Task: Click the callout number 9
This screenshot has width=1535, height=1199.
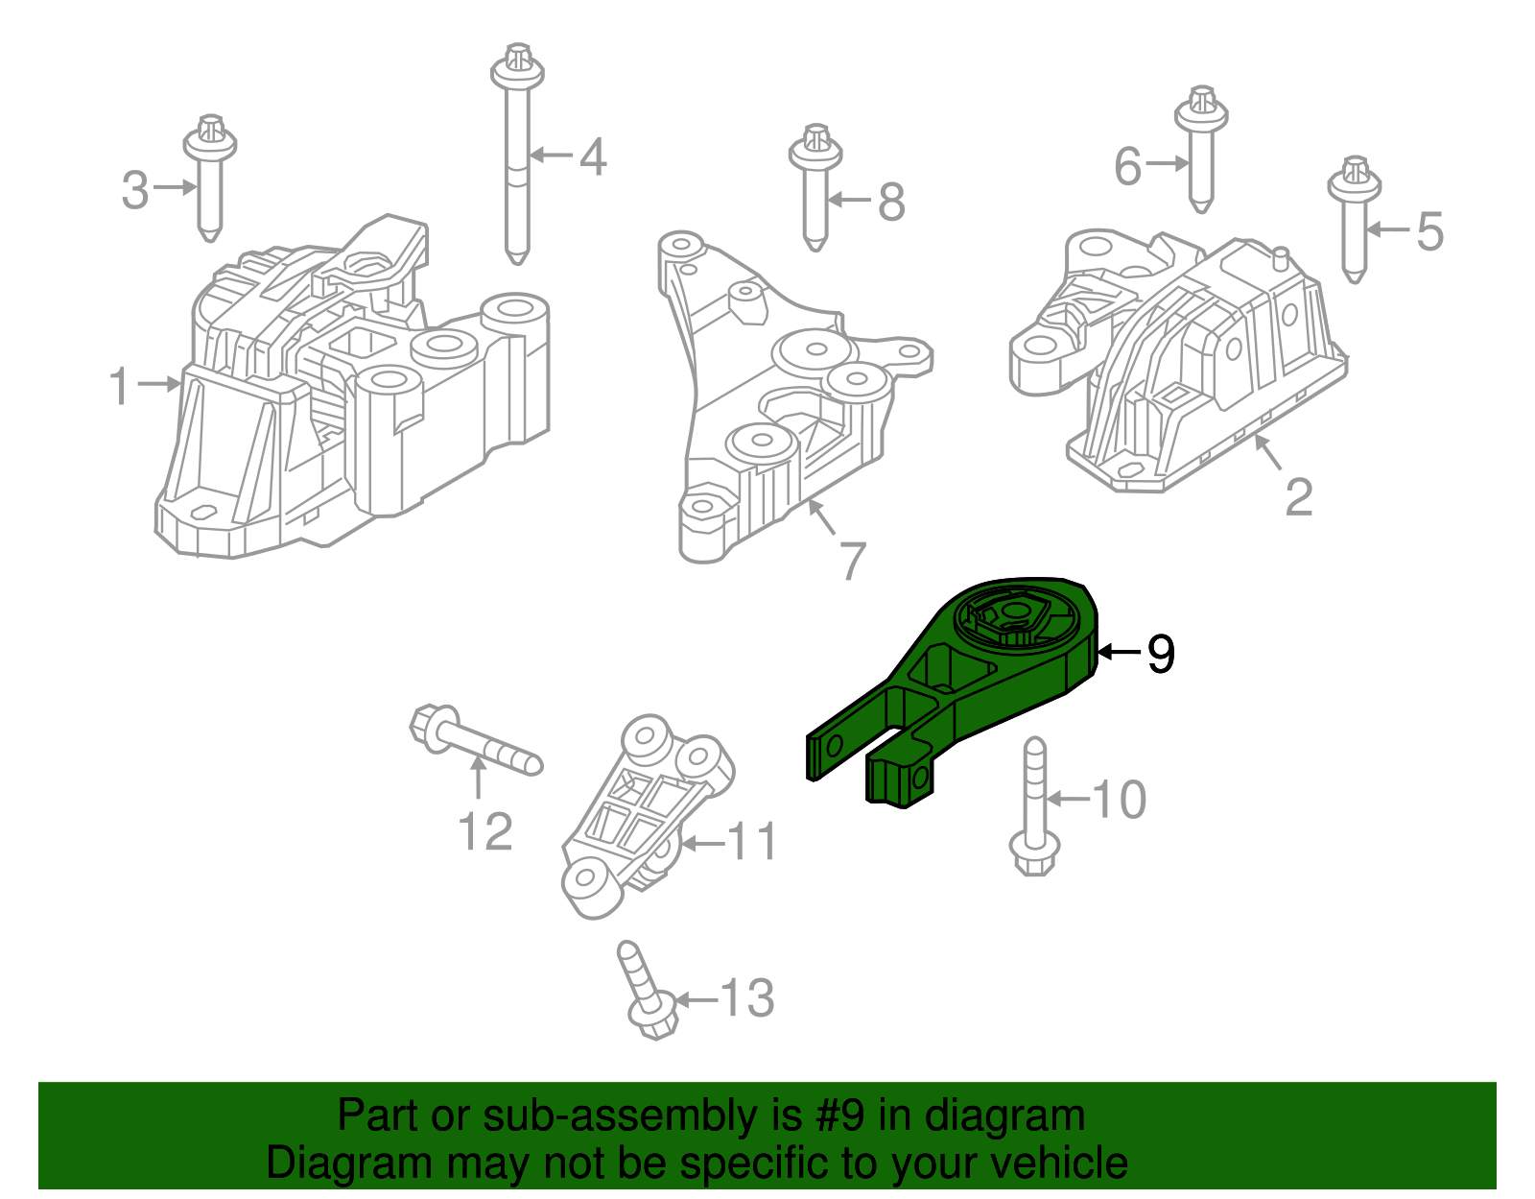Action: click(x=1161, y=654)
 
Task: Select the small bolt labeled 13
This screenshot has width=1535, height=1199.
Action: click(x=648, y=994)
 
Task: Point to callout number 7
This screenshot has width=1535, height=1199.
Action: click(x=853, y=562)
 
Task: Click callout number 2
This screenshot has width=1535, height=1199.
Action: click(x=1298, y=497)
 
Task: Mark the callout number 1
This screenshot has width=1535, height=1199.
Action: click(x=119, y=386)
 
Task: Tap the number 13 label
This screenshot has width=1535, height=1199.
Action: click(x=746, y=998)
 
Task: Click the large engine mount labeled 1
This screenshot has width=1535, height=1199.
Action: click(x=355, y=403)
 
